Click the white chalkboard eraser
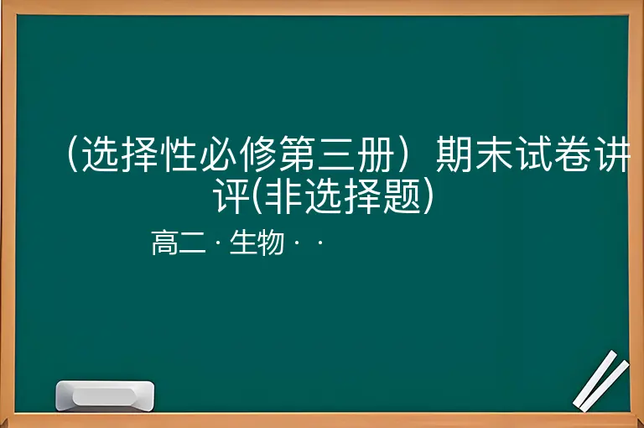[x=105, y=395]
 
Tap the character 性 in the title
[x=179, y=154]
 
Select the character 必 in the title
[x=218, y=154]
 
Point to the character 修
[x=257, y=154]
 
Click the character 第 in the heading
[x=297, y=154]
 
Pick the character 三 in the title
[x=336, y=154]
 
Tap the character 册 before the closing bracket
[x=375, y=154]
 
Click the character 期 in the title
[x=454, y=154]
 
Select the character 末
[x=493, y=154]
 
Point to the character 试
[x=532, y=154]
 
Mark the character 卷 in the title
[x=572, y=154]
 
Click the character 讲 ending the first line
[x=611, y=154]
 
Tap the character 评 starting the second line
[x=231, y=196]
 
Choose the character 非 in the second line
[x=283, y=196]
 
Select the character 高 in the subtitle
[x=164, y=243]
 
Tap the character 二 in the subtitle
[x=192, y=243]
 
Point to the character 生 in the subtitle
[x=242, y=243]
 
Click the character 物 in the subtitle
[x=270, y=243]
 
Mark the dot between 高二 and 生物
[x=218, y=243]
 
